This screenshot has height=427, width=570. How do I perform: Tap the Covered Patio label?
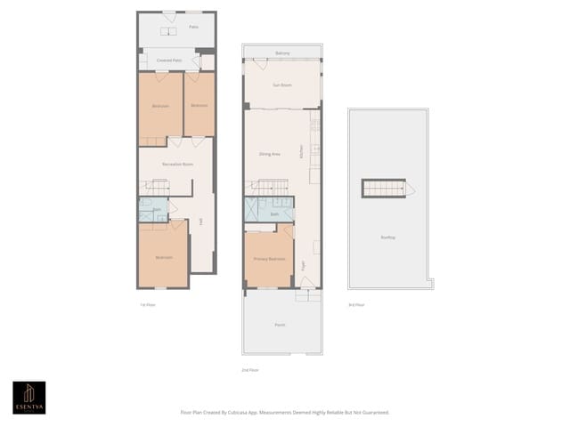point(169,60)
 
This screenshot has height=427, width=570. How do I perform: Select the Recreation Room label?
point(178,165)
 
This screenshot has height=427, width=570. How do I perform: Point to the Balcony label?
point(282,53)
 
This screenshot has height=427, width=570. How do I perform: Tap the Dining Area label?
point(270,154)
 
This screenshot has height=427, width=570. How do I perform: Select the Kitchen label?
point(303,151)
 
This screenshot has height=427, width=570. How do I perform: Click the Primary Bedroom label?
point(269,258)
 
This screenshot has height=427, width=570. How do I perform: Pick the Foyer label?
point(304,264)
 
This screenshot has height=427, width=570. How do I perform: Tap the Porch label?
point(281,325)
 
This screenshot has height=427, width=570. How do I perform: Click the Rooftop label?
point(388,237)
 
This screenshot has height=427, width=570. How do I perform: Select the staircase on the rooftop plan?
point(384,189)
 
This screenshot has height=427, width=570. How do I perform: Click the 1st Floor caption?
point(148,305)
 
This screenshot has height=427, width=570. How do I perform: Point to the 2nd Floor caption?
point(250,369)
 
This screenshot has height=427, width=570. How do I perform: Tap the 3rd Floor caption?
point(356,305)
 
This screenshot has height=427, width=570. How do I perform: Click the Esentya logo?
point(28,398)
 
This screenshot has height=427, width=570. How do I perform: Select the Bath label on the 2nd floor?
point(275,214)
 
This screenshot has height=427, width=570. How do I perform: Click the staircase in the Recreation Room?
point(157,187)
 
